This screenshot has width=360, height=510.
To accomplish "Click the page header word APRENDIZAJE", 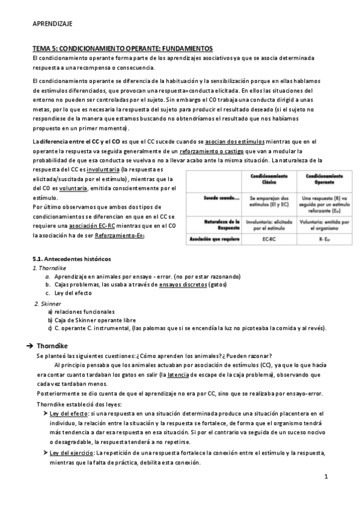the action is pyautogui.click(x=52, y=24).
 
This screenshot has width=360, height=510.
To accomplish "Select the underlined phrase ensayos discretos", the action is pyautogui.click(x=180, y=284).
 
